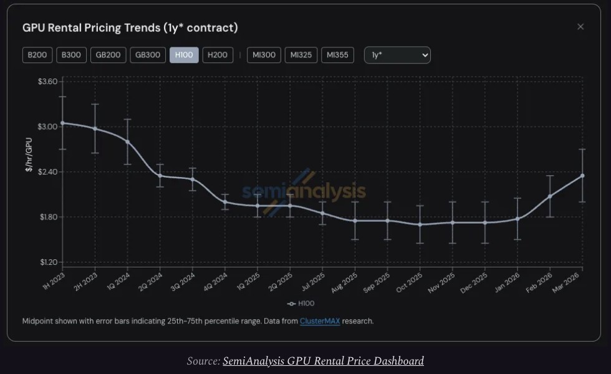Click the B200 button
tap(37, 55)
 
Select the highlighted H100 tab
tap(184, 55)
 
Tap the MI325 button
tap(301, 55)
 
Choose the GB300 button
tap(148, 55)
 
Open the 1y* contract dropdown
tap(397, 55)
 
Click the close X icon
tap(580, 27)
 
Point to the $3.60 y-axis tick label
tap(47, 82)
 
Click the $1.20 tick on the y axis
tap(47, 262)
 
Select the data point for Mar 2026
tap(582, 176)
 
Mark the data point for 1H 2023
tap(62, 123)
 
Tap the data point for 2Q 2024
tap(160, 176)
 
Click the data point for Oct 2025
tap(420, 224)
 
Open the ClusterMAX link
tap(320, 321)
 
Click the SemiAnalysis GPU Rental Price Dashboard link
tap(323, 361)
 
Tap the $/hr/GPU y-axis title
tap(29, 154)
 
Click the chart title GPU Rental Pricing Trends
tap(130, 28)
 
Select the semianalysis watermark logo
tap(304, 191)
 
